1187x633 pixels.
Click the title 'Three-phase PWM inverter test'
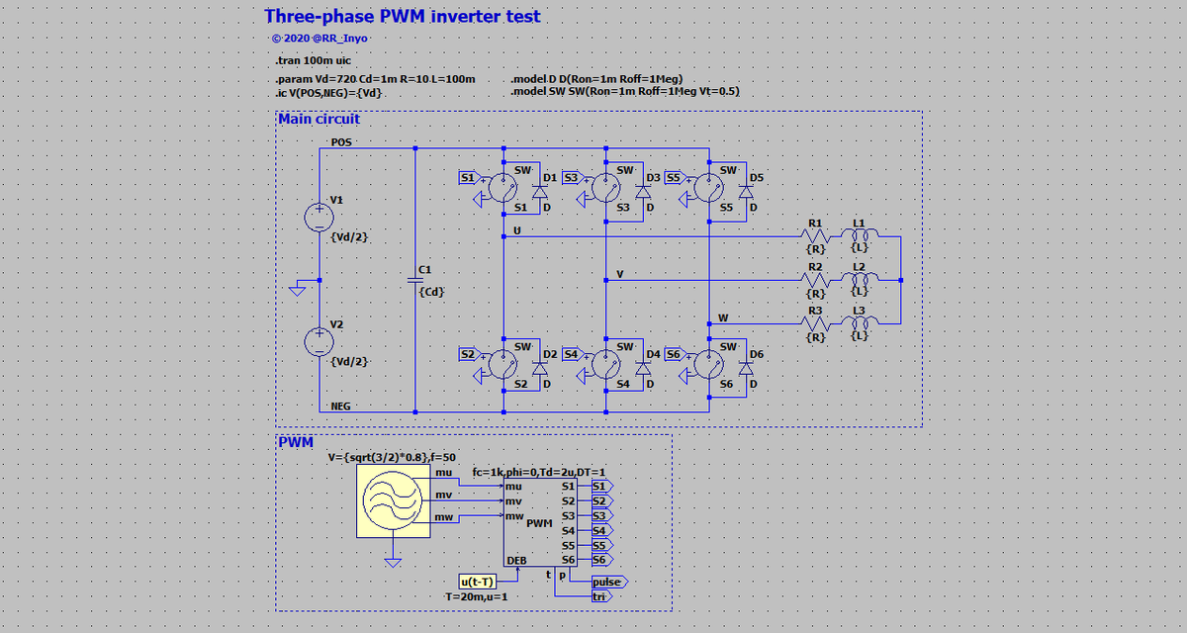point(402,17)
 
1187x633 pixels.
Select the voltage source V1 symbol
point(319,217)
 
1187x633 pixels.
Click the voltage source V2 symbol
point(319,341)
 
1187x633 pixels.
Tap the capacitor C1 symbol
point(414,280)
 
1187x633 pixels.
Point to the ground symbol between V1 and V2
point(296,290)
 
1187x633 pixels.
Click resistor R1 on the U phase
point(815,237)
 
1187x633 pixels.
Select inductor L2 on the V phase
point(860,280)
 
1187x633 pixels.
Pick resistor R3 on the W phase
point(815,323)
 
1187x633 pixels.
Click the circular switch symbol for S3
point(604,189)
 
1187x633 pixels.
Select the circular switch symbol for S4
point(604,365)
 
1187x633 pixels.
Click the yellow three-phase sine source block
point(394,501)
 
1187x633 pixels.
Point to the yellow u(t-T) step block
point(478,581)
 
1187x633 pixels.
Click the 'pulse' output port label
point(607,582)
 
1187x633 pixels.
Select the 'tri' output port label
point(600,596)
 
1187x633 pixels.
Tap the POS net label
point(341,142)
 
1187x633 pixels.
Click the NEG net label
point(341,406)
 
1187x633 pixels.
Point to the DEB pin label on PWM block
point(516,561)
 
